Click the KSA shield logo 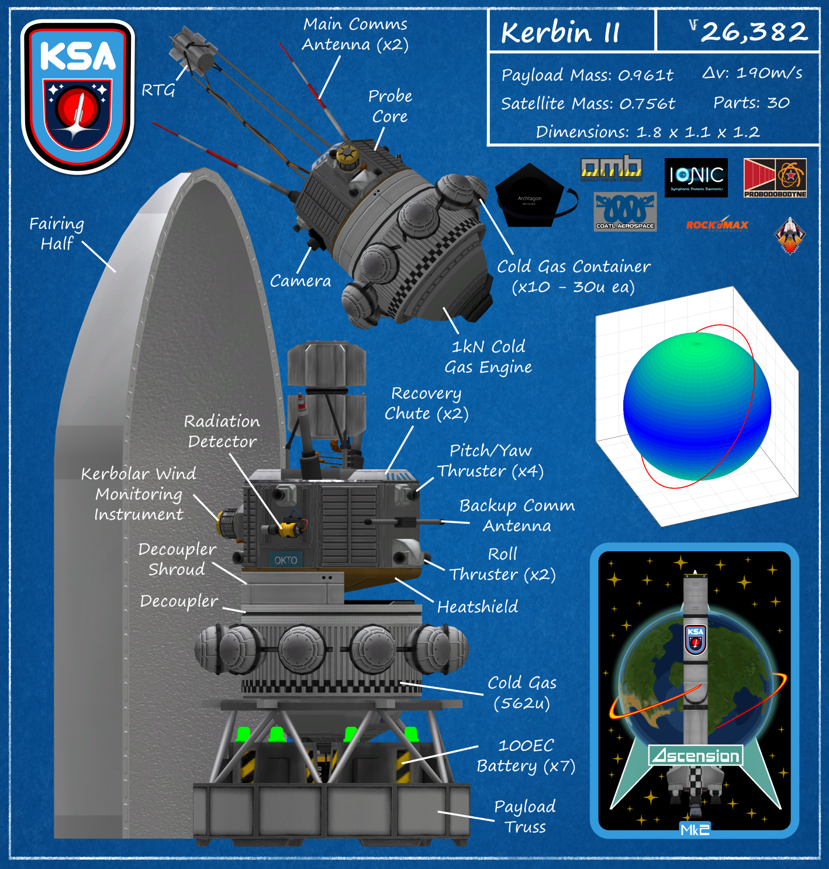point(78,97)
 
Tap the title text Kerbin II point(559,32)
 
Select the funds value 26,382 point(754,32)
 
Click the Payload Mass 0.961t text point(587,75)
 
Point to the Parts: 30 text point(751,103)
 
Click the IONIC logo point(696,177)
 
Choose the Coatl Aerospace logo point(625,212)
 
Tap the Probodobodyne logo point(775,177)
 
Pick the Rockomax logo point(717,224)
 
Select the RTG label point(158,90)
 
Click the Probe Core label point(390,106)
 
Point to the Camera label point(300,281)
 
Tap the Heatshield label point(477,607)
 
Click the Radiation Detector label point(222,431)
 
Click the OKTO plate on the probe point(286,560)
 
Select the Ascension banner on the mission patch point(696,755)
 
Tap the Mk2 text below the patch point(695,829)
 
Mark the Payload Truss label point(524,816)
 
